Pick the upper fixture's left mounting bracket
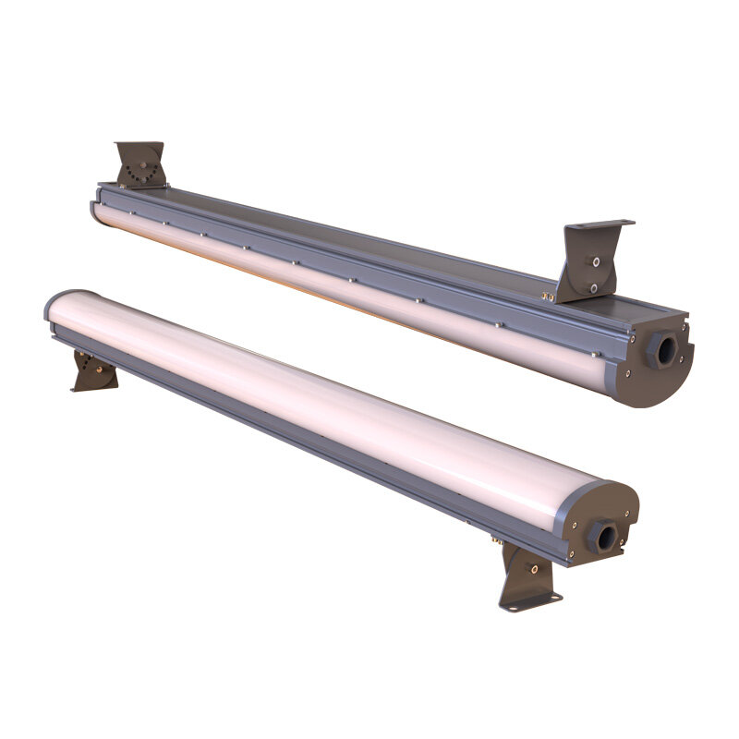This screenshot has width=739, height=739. point(141,164)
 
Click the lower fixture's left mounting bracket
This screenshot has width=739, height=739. point(93,370)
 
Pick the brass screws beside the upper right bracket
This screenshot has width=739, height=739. point(549,297)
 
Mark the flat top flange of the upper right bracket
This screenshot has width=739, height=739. point(600,224)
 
